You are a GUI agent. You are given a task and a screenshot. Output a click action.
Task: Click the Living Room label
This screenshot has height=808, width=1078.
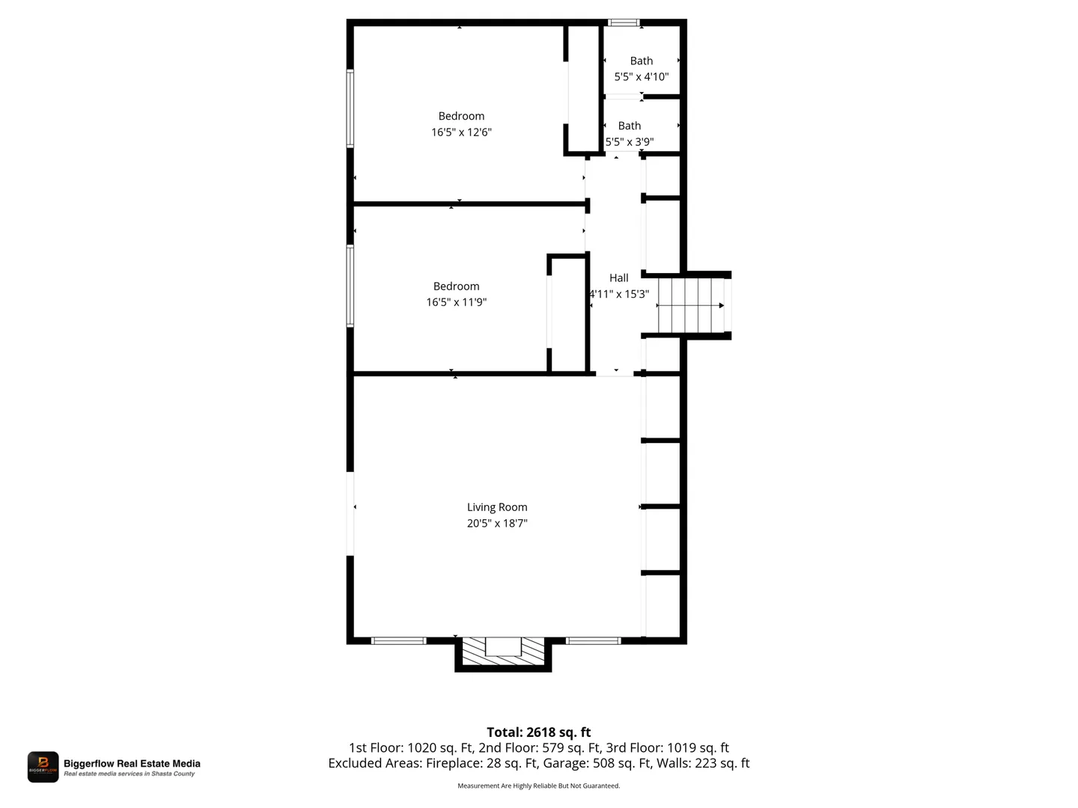pos(496,506)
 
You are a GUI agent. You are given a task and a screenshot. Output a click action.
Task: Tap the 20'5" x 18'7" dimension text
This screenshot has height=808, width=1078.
pos(496,523)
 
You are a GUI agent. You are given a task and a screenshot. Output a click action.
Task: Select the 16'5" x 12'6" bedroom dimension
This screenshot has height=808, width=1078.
pos(460,132)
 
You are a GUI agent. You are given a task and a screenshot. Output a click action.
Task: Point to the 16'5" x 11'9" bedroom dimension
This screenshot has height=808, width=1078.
pos(456,302)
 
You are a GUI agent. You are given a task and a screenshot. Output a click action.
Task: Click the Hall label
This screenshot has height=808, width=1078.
pos(618,278)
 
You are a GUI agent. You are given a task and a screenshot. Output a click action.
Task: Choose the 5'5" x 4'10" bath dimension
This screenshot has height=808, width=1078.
pos(641,76)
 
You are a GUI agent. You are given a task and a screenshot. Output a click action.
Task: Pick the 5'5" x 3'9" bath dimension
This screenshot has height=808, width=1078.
pos(629,142)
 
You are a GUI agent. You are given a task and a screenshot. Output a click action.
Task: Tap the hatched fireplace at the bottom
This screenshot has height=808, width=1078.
pos(503,652)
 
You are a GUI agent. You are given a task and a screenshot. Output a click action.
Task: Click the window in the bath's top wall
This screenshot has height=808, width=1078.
pos(624,22)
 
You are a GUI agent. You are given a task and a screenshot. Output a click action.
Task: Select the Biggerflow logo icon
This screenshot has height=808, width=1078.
pos(43,766)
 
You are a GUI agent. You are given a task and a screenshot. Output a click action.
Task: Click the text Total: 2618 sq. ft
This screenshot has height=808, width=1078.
pos(538,732)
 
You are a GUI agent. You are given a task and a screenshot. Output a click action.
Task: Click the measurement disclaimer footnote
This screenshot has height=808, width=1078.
pos(538,786)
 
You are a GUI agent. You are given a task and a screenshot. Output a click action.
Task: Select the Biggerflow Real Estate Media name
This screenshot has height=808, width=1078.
pos(132,763)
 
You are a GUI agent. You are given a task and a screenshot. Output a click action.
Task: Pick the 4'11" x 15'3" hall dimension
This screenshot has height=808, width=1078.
pos(619,294)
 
